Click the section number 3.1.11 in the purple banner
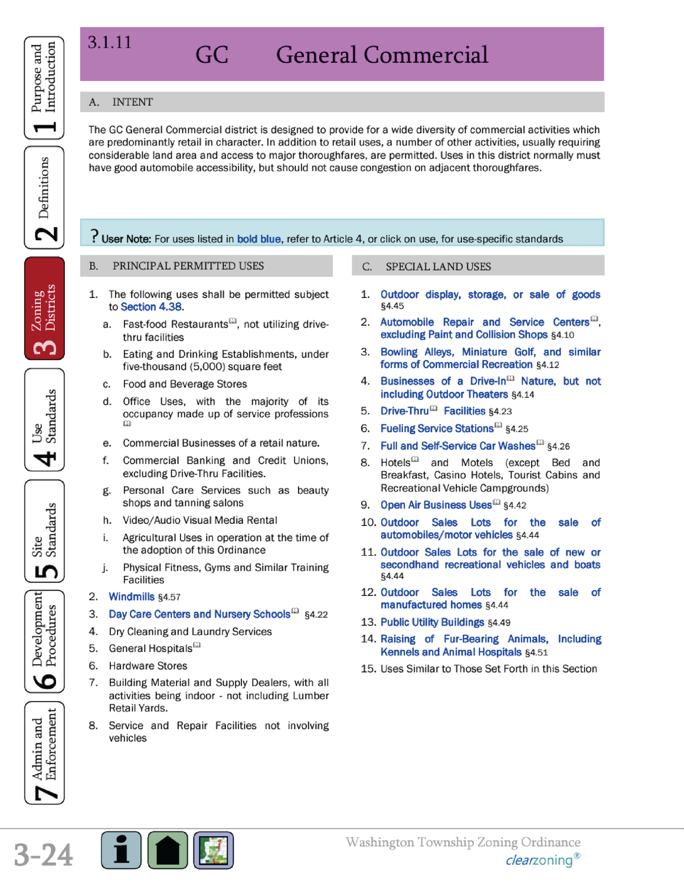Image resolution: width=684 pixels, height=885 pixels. click(x=110, y=42)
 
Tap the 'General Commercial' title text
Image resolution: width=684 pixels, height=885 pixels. click(x=382, y=55)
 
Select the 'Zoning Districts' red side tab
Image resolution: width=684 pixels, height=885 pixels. click(x=44, y=309)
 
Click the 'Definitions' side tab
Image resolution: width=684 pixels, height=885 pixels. click(x=44, y=198)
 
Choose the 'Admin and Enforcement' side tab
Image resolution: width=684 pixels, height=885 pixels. click(x=44, y=752)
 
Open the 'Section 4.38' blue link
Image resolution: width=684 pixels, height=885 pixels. click(x=151, y=307)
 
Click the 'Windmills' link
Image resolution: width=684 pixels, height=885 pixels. click(x=132, y=596)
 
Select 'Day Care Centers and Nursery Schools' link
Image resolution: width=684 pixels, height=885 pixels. click(x=199, y=614)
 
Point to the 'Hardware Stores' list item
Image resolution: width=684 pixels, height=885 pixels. click(x=148, y=666)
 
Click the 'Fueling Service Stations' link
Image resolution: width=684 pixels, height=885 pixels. click(x=437, y=428)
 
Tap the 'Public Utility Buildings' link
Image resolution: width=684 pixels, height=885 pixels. click(x=432, y=622)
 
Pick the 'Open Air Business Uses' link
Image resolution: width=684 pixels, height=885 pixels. click(x=436, y=505)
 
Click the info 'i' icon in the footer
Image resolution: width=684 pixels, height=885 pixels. click(x=121, y=850)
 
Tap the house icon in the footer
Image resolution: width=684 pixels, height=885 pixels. click(x=168, y=850)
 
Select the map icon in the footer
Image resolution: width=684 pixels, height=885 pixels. click(x=214, y=850)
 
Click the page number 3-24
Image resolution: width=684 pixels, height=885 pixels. click(x=44, y=855)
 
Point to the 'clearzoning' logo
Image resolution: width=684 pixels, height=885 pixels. click(x=539, y=860)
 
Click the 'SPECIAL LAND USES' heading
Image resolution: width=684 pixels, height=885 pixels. click(x=438, y=267)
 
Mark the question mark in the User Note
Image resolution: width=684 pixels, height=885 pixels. click(x=94, y=237)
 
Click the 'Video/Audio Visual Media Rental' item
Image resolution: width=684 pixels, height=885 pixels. click(x=199, y=520)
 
